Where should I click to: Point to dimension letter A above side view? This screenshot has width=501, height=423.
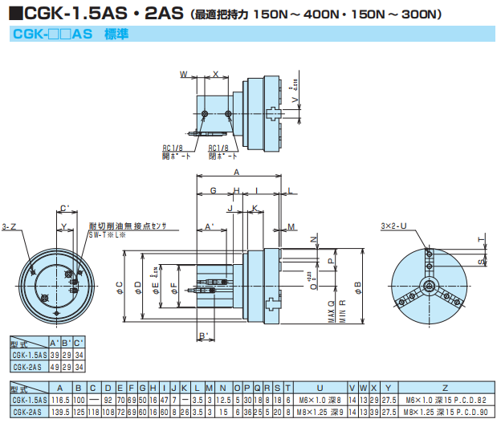pos(236,173)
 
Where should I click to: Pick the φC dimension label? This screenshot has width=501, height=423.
pos(119,285)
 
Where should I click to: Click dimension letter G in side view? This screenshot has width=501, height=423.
pos(213,190)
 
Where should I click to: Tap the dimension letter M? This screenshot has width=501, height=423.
pos(292,227)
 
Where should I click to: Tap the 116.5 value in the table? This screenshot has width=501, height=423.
pos(61,399)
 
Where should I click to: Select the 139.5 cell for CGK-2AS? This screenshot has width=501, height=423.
pos(61,409)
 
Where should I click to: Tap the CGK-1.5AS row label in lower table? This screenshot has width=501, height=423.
pos(26,399)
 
